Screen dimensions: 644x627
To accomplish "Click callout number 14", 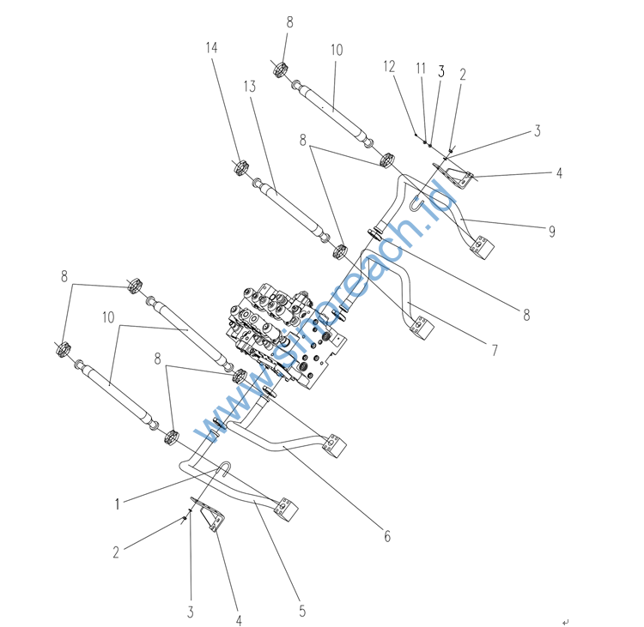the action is [211, 48].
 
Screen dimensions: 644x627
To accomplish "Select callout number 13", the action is [250, 87].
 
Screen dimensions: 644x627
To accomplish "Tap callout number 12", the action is [389, 67].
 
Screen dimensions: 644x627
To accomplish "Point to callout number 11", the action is [421, 68].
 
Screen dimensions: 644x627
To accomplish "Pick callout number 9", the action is [552, 232].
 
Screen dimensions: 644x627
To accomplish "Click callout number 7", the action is [495, 350].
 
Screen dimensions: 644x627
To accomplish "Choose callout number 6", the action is [387, 536].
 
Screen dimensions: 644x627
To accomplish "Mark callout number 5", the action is [302, 611].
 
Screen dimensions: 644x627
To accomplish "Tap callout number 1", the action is [118, 503].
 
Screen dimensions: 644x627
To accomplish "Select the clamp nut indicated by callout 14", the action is [241, 167].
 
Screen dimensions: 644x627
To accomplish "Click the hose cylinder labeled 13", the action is [291, 209].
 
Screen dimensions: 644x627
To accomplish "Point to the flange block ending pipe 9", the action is [483, 247].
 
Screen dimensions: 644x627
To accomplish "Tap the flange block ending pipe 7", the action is [422, 328].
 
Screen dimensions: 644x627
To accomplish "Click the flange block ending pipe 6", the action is [335, 446].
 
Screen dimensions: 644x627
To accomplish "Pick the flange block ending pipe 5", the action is [286, 509].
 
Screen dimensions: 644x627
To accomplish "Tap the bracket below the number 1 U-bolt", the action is [209, 514].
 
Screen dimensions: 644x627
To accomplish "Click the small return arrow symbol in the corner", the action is [566, 623].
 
